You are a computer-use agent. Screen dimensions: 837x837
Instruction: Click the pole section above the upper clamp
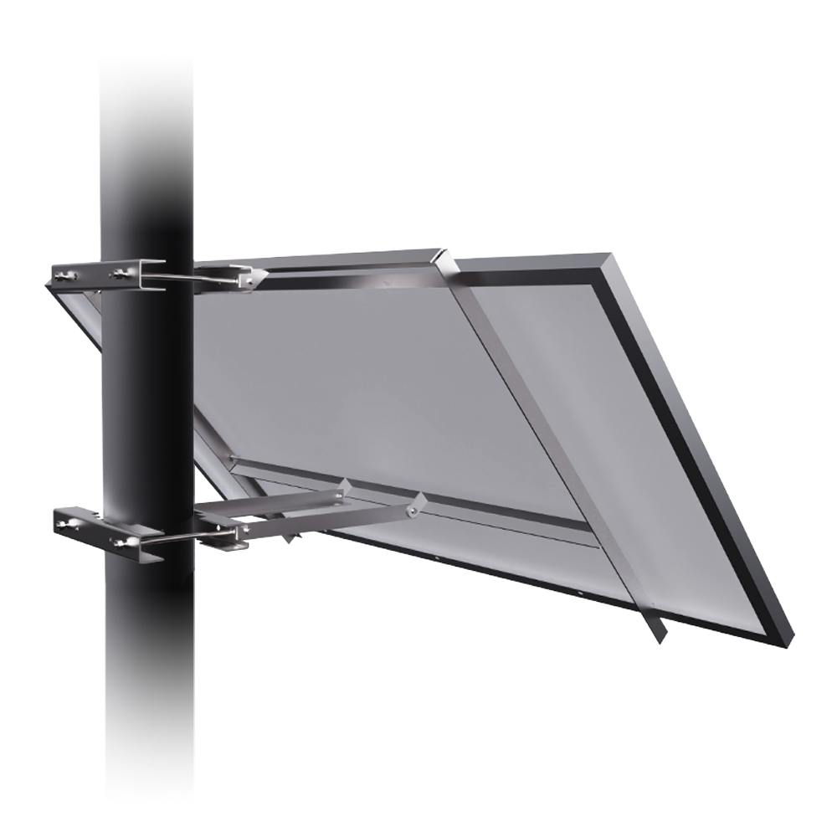pos(146,151)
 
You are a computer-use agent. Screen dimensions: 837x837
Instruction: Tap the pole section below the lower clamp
pos(146,686)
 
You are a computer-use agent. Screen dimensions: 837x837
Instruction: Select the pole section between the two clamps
pos(146,402)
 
